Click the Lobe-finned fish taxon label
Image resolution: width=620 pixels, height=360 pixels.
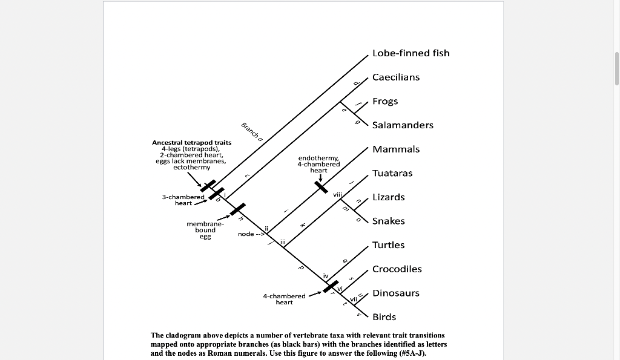[411, 53]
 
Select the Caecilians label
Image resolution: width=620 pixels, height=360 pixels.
[396, 77]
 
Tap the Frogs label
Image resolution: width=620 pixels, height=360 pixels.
[385, 101]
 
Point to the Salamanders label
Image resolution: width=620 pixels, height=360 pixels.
[403, 125]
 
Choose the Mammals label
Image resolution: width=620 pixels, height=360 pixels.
[396, 149]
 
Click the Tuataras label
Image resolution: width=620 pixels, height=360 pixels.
[392, 173]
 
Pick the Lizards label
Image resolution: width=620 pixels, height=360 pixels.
[388, 197]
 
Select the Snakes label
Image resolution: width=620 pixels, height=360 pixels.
[388, 221]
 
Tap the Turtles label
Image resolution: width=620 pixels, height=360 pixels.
[388, 245]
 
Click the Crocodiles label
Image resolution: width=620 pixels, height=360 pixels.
[397, 269]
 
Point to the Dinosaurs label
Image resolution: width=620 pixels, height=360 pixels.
[395, 293]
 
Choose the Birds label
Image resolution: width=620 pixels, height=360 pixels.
[384, 317]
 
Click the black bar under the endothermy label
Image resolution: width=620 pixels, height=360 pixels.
[321, 186]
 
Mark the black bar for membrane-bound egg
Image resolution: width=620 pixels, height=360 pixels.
[237, 209]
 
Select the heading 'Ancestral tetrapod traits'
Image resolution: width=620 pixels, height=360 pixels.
[191, 143]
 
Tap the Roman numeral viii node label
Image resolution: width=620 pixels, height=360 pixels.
[338, 194]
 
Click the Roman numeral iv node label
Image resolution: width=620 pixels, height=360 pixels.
[326, 276]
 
